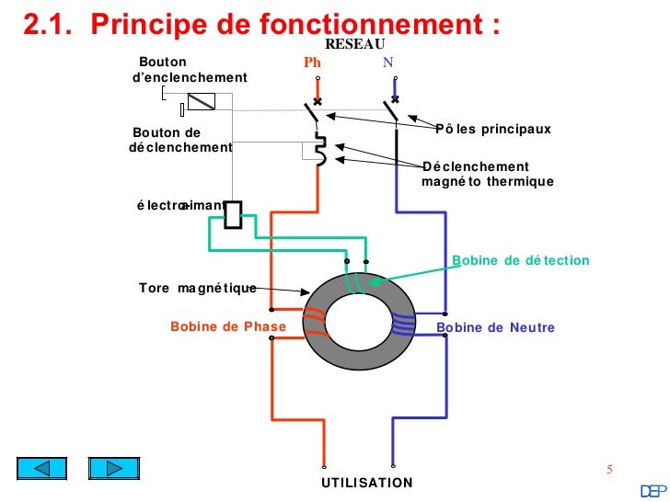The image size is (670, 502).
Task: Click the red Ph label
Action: tap(312, 63)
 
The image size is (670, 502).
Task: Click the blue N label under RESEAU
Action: tap(388, 63)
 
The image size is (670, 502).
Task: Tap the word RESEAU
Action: tap(354, 44)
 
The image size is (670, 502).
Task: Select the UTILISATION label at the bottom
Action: tap(367, 483)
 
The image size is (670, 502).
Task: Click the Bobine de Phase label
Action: tap(228, 327)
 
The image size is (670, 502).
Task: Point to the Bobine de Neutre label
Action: tap(495, 327)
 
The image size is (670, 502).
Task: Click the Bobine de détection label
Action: tap(521, 261)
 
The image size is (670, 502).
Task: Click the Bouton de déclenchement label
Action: tap(180, 140)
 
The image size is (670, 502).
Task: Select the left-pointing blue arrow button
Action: tap(44, 468)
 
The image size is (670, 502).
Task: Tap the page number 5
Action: tap(608, 471)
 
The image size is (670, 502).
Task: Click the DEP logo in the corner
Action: tap(654, 489)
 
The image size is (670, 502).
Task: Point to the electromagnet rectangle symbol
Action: tap(233, 214)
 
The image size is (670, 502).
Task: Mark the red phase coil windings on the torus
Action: tap(314, 317)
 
